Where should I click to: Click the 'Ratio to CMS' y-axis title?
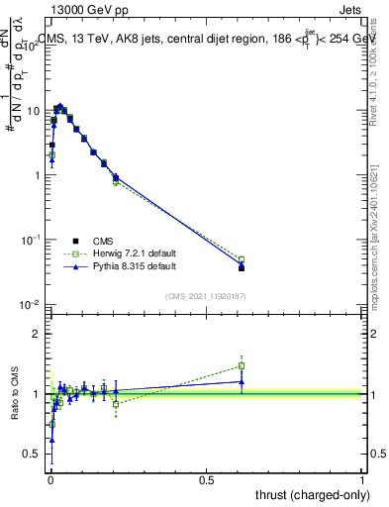pyautogui.click(x=15, y=393)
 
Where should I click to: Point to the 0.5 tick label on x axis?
pyautogui.click(x=206, y=478)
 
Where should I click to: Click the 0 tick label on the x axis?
pyautogui.click(x=49, y=478)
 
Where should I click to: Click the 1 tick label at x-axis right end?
pyautogui.click(x=363, y=478)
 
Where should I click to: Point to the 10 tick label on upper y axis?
pyautogui.click(x=34, y=111)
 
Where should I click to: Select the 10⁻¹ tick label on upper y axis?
pyautogui.click(x=32, y=240)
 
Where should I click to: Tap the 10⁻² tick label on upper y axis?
pyautogui.click(x=32, y=304)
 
